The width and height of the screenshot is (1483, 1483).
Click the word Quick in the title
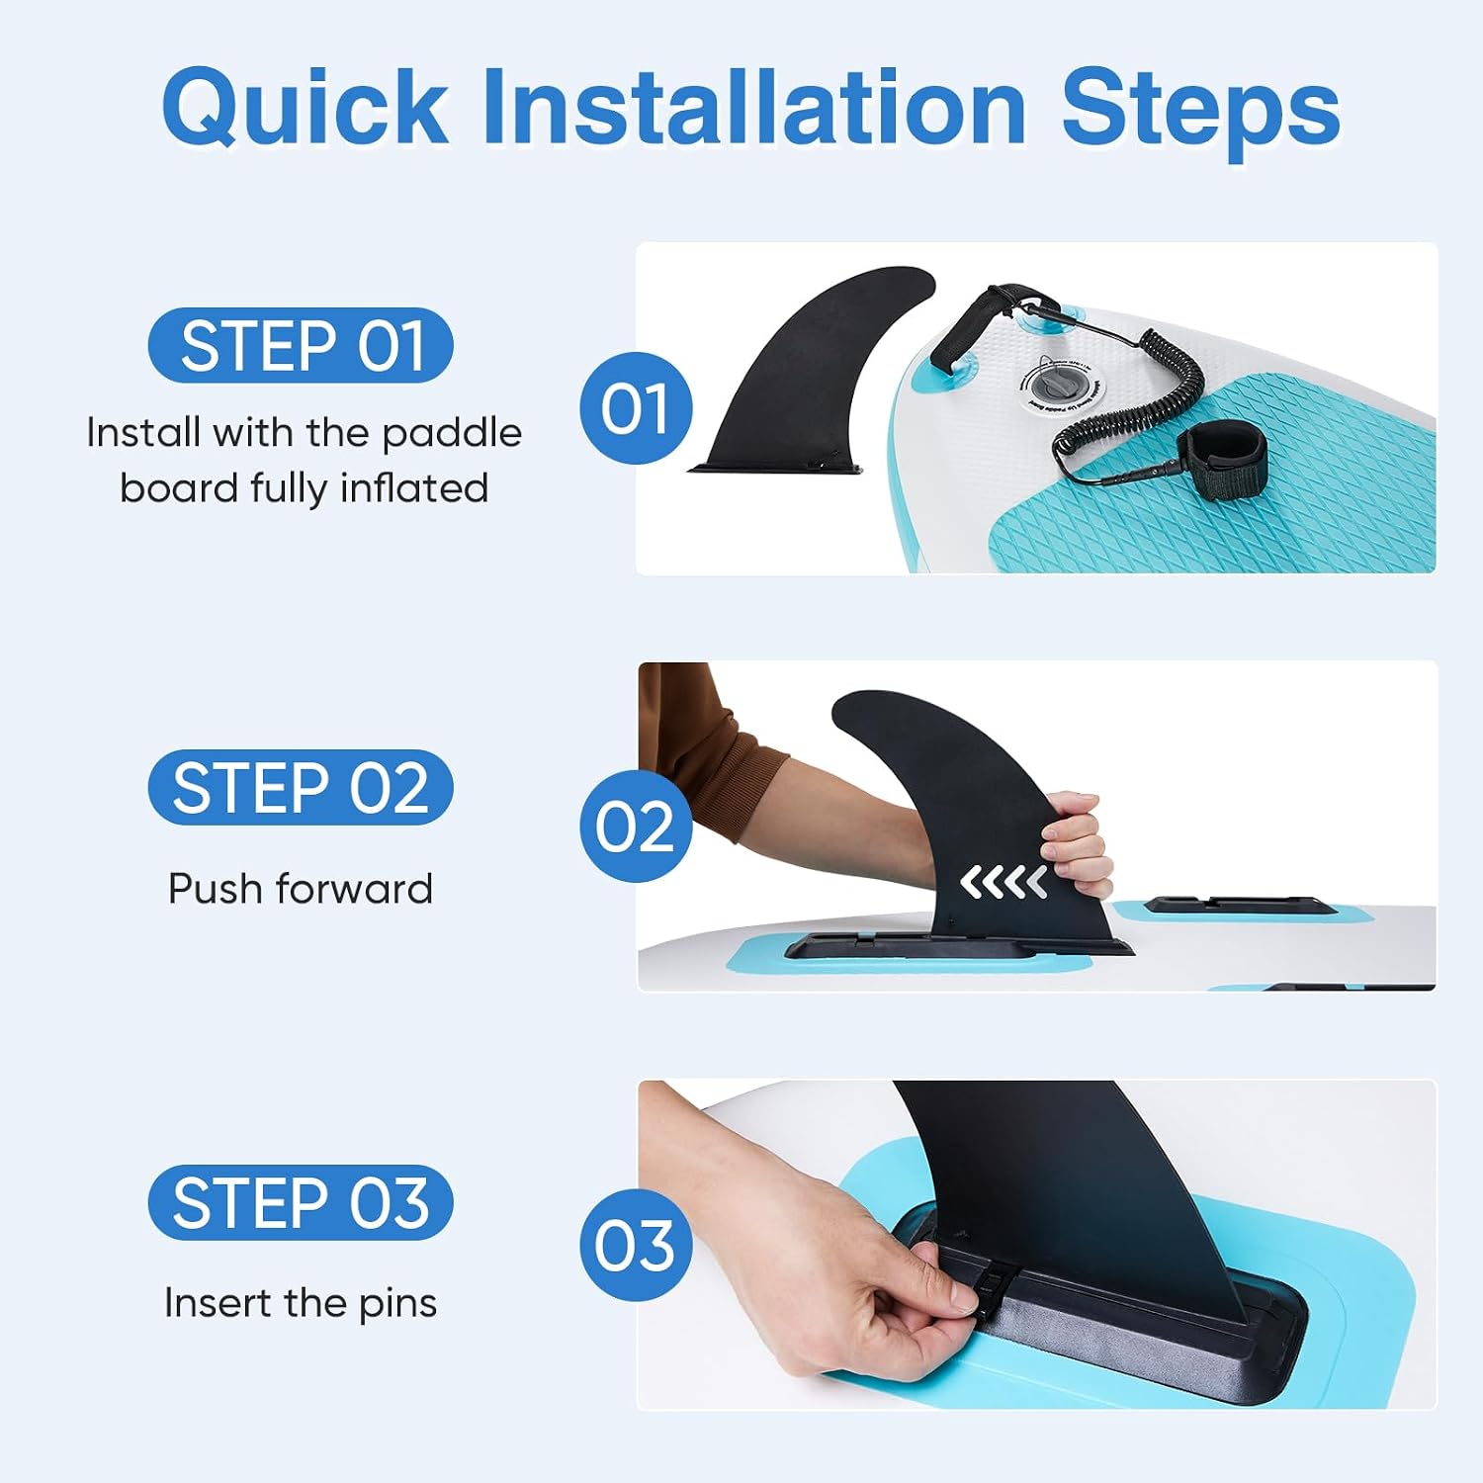coord(305,108)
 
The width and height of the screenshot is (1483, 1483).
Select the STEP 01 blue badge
coord(301,345)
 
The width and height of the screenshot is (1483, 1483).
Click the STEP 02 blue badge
coord(301,787)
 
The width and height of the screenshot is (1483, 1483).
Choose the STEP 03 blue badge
coord(301,1202)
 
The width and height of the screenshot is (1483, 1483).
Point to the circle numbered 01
coord(636,408)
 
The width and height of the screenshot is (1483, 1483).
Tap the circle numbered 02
coord(636,827)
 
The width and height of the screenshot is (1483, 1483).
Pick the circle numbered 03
coord(636,1245)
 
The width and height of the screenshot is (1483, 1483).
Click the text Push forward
coord(301,889)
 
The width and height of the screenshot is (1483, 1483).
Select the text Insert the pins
coord(301,1303)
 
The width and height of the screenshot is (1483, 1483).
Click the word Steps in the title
coord(1200,111)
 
